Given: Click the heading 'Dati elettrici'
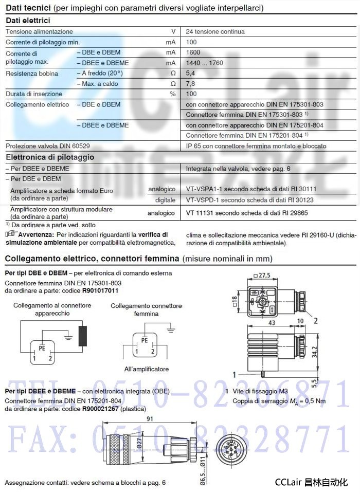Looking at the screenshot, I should (x=28, y=21).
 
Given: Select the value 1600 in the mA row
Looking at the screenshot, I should (x=193, y=52).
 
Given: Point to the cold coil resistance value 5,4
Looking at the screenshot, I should (x=190, y=74).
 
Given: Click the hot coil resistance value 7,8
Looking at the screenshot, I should (x=190, y=84).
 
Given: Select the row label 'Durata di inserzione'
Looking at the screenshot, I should (x=34, y=94).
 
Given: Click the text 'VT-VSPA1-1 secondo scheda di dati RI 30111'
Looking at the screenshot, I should (x=250, y=190).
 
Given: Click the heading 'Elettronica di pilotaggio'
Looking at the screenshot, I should (x=50, y=157).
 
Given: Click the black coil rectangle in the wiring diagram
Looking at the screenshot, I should (x=82, y=336).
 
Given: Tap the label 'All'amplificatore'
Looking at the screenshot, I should (x=146, y=369).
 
